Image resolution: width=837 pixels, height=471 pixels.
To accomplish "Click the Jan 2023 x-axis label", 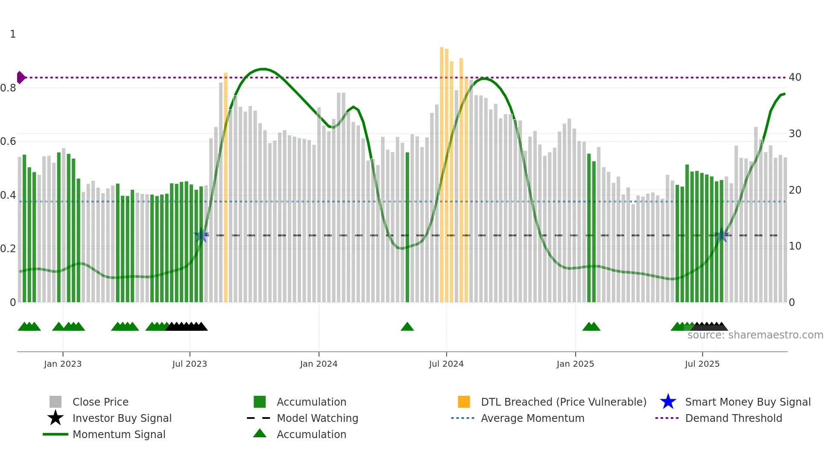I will pyautogui.click(x=63, y=364).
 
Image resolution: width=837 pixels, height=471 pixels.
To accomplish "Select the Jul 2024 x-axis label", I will pyautogui.click(x=446, y=364).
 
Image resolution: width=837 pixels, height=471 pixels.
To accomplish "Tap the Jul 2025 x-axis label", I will pyautogui.click(x=702, y=364).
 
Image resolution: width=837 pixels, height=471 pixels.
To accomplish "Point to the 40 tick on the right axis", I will pyautogui.click(x=795, y=77).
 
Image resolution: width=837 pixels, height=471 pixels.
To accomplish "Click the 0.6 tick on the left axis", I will pyautogui.click(x=8, y=141).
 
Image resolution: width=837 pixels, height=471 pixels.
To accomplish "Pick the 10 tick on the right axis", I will pyautogui.click(x=795, y=246).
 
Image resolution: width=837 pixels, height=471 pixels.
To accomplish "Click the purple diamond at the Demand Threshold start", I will pyautogui.click(x=20, y=77).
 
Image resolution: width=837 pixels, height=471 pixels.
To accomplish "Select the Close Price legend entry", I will pyautogui.click(x=100, y=402).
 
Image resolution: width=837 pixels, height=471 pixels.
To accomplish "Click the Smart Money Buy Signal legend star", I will pyautogui.click(x=668, y=402).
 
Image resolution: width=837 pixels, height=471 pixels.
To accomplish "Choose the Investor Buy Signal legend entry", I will pyautogui.click(x=122, y=418).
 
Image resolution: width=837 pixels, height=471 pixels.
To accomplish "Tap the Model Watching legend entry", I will pyautogui.click(x=317, y=418).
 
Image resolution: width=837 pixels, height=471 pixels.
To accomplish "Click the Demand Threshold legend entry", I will pyautogui.click(x=733, y=418).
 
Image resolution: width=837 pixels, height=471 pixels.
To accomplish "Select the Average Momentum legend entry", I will pyautogui.click(x=532, y=418).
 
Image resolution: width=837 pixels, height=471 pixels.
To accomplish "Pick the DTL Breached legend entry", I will pyautogui.click(x=563, y=402).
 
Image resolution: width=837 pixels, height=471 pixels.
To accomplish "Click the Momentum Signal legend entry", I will pyautogui.click(x=119, y=434).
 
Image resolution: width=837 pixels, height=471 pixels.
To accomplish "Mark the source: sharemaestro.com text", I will pyautogui.click(x=755, y=335).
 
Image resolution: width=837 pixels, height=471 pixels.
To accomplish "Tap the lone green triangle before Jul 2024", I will pyautogui.click(x=407, y=327).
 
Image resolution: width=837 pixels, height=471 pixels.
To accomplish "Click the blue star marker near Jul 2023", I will pyautogui.click(x=201, y=235).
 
